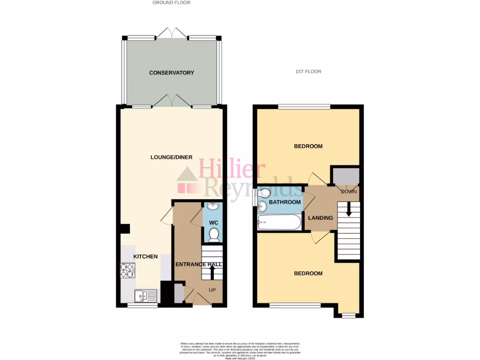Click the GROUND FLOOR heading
(172, 3)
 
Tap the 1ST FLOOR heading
(308, 72)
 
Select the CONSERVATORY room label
(172, 73)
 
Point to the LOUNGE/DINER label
(171, 157)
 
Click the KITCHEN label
(146, 256)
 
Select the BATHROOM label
(285, 202)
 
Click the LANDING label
(321, 217)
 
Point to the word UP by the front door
(212, 290)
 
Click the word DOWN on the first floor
(349, 192)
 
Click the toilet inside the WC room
(214, 234)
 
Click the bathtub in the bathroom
(279, 222)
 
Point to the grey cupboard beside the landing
(346, 176)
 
